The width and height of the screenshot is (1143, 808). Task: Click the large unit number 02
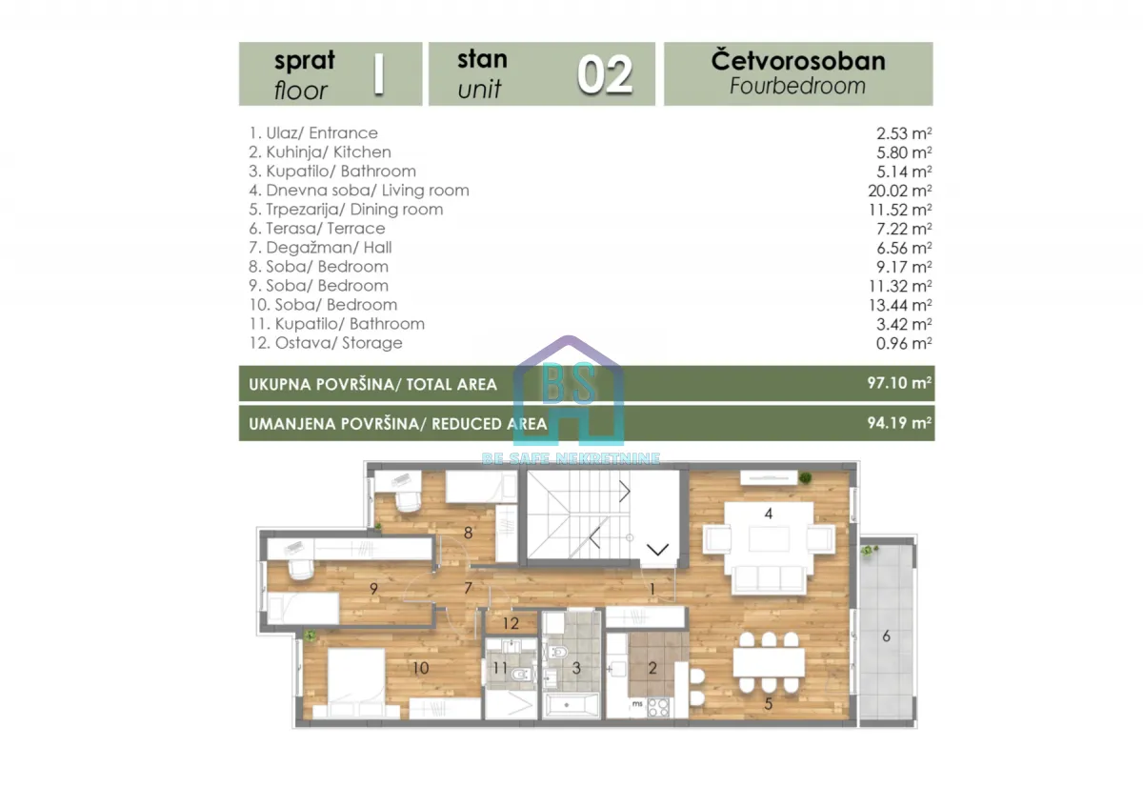click(605, 74)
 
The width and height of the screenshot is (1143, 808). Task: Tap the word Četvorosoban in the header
click(798, 61)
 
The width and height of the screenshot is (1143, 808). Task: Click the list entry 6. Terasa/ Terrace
click(316, 229)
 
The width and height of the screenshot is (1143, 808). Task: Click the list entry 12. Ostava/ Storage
click(325, 343)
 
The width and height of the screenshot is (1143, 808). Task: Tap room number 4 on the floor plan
click(768, 514)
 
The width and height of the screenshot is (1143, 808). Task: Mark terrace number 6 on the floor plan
click(886, 636)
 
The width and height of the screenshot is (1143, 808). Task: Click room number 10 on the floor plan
click(420, 668)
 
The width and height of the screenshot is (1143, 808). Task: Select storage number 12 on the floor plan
click(511, 624)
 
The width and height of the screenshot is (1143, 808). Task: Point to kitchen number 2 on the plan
click(652, 668)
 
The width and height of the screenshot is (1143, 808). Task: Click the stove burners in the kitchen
click(658, 707)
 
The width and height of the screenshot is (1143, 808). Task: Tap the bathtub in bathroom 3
click(571, 707)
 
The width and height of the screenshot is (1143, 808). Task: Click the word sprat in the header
click(304, 61)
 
